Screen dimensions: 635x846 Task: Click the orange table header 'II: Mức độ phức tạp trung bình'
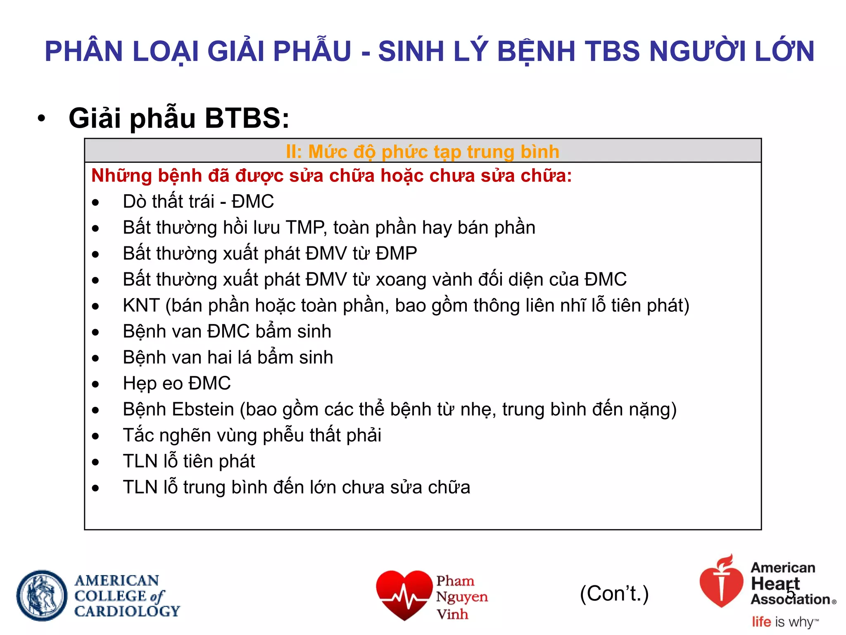click(422, 151)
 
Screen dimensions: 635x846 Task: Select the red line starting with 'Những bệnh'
click(331, 176)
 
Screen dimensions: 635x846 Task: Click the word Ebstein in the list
click(203, 409)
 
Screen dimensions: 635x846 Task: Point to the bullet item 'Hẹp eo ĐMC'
click(176, 383)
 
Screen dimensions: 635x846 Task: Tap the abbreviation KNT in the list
click(141, 306)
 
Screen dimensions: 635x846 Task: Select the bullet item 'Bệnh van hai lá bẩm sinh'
click(228, 357)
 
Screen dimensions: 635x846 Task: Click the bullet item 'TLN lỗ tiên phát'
click(189, 461)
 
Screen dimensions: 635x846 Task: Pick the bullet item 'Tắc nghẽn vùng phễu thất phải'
click(252, 435)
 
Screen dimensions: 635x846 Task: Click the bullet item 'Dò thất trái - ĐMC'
click(198, 202)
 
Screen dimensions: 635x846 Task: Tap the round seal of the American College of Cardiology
click(42, 595)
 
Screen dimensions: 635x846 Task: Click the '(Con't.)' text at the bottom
click(614, 594)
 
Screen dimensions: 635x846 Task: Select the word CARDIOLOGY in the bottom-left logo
click(127, 611)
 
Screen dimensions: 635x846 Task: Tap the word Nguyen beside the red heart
click(462, 597)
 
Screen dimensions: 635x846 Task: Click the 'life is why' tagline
click(784, 622)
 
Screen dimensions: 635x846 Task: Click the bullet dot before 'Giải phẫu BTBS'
click(41, 119)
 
